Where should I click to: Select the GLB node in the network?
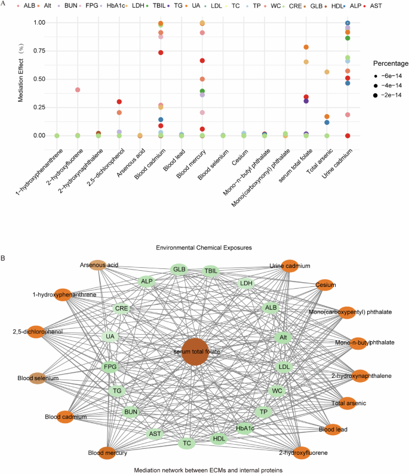[180, 270]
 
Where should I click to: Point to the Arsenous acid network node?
[99, 264]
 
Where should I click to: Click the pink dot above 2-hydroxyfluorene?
[78, 90]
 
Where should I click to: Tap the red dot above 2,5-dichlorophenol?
[119, 102]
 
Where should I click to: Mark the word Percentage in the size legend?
[391, 63]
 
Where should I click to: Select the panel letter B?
[4, 259]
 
